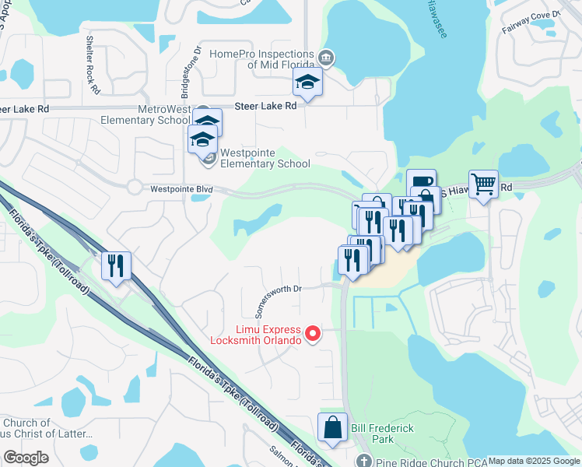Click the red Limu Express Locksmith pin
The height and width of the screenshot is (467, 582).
point(313,334)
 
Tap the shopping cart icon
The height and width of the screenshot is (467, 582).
point(484,184)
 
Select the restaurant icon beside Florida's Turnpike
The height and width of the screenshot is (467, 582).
point(116,265)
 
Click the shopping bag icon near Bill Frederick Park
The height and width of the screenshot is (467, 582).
point(332,427)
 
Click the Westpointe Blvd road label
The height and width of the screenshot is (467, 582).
point(181,188)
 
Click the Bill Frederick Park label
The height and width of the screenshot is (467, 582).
point(382,434)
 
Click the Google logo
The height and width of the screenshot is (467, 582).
point(26,457)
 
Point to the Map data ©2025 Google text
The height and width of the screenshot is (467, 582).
point(534,461)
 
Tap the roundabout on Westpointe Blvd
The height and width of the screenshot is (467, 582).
point(135,188)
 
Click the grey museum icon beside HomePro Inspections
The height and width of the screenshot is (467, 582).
point(326,58)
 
